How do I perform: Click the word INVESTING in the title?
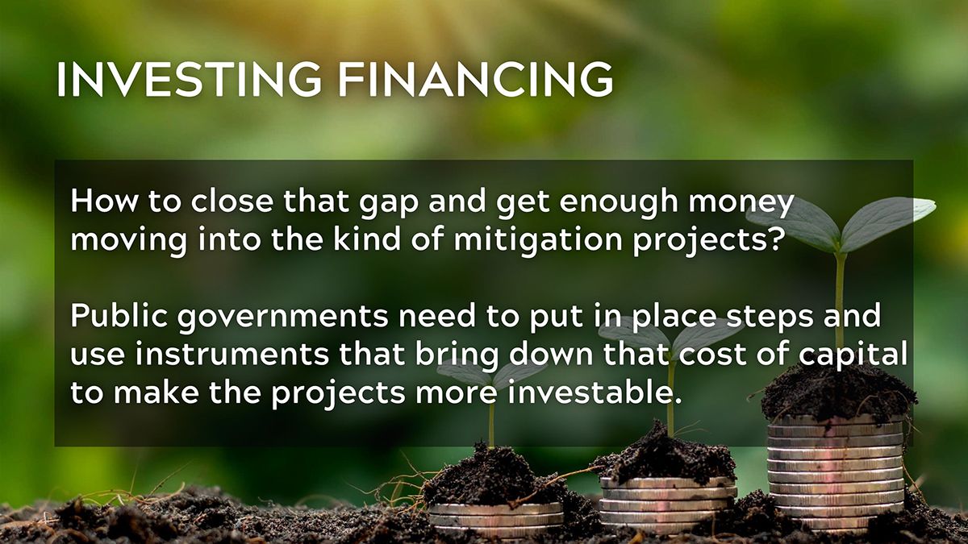190,79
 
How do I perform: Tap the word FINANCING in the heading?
475,79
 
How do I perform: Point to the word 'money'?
741,202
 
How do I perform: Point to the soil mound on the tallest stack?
837,393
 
